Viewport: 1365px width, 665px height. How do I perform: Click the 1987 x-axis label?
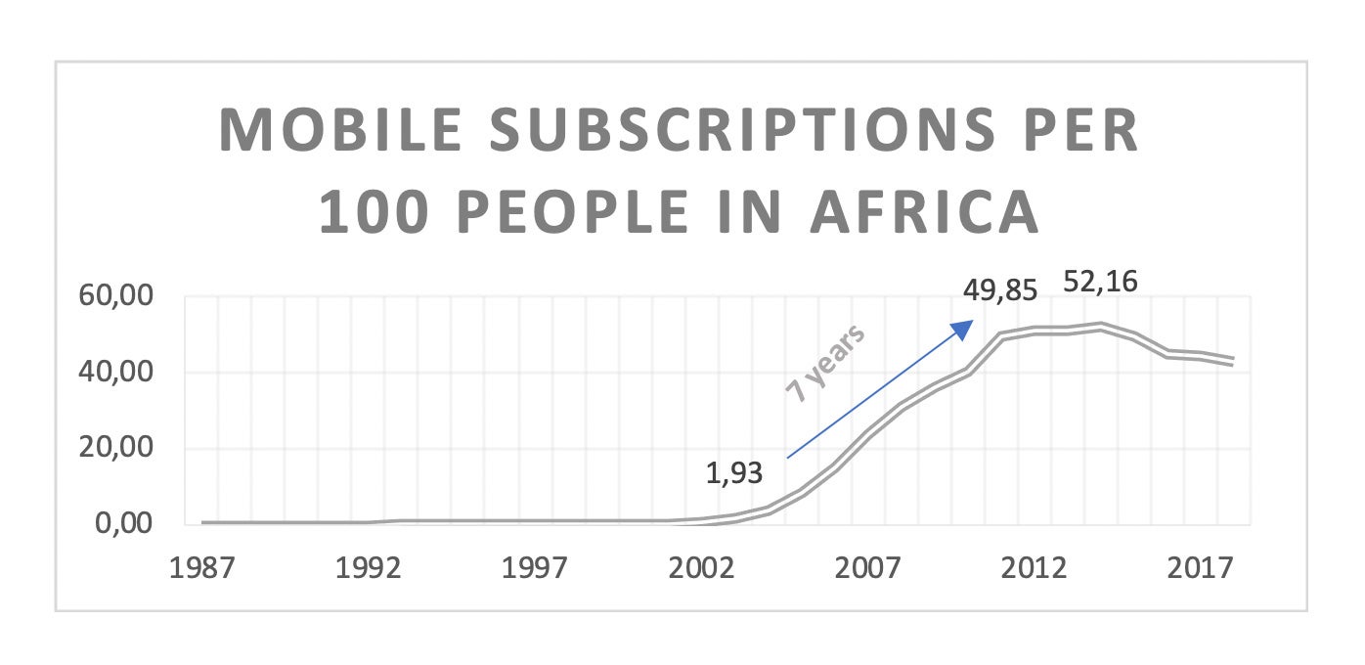tap(203, 570)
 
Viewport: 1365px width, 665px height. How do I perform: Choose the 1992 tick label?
tap(370, 570)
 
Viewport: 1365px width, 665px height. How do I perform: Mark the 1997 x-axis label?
tap(536, 570)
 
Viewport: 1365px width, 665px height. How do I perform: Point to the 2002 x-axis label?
tap(702, 570)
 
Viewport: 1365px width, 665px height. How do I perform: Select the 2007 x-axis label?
tap(868, 570)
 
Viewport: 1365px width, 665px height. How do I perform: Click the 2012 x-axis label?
tap(1035, 570)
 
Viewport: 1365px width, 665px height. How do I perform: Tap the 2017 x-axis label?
tap(1201, 570)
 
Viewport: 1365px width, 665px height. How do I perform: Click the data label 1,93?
tap(734, 474)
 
